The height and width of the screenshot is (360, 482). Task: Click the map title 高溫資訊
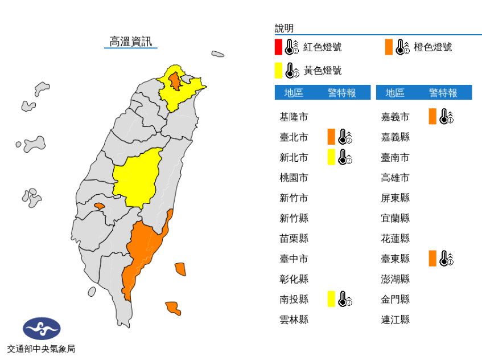tap(130, 42)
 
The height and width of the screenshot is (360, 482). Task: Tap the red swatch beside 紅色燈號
tap(278, 47)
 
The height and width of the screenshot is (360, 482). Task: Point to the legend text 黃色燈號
tap(322, 71)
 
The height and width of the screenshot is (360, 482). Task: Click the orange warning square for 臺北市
tap(331, 137)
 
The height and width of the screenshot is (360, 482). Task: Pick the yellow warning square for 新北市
tap(331, 157)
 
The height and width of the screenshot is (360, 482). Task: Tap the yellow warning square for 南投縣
tap(331, 299)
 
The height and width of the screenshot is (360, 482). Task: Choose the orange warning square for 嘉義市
tap(432, 117)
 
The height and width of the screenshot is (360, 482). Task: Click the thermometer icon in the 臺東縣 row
tap(446, 259)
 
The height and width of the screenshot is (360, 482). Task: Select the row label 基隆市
tap(294, 117)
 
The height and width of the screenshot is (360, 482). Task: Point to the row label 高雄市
tap(395, 178)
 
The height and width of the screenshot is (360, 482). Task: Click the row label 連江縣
tap(395, 320)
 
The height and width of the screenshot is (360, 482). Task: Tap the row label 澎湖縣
tap(395, 279)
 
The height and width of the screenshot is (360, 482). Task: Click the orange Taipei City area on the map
tap(176, 82)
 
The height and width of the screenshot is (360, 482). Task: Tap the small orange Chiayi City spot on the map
tap(99, 206)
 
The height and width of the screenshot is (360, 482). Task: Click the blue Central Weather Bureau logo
tap(41, 329)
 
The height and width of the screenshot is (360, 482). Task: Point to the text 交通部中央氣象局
tap(41, 349)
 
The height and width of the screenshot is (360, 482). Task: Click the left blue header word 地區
tap(294, 93)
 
